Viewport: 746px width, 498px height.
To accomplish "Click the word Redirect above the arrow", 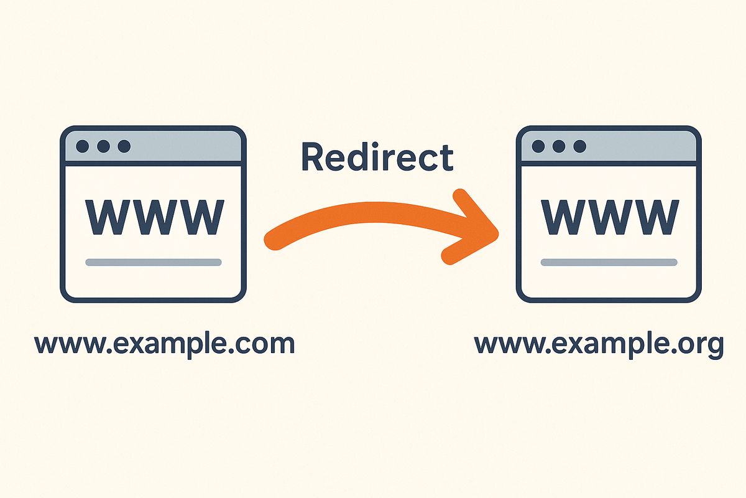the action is tap(377, 157).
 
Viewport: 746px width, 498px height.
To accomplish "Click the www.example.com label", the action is tap(164, 343).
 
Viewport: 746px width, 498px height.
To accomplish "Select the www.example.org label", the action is tap(599, 344).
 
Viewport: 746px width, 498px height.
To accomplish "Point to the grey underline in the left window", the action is tap(153, 262).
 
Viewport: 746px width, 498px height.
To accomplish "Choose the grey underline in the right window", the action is tap(609, 262).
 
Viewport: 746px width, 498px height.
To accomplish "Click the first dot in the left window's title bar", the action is tap(82, 146).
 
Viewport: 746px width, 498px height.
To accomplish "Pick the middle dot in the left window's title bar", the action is tap(103, 146).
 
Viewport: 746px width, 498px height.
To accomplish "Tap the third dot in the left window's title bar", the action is tap(124, 146).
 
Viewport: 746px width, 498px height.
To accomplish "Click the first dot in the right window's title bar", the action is tap(538, 146).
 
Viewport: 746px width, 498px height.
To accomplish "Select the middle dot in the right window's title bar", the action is tap(559, 146).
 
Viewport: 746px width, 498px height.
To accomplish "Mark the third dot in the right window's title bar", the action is tap(580, 146).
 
